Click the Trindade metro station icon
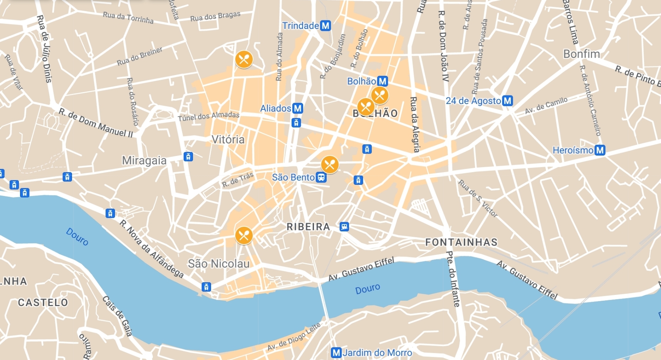326,26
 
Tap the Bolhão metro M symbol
382,81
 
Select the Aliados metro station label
275,109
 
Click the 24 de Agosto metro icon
508,101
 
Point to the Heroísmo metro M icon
600,150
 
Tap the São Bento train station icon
321,177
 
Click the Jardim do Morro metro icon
336,352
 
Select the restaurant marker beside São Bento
330,165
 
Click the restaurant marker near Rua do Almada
244,59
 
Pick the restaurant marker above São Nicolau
244,235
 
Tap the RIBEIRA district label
308,227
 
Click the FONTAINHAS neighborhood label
461,242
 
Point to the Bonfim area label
581,54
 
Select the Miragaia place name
144,161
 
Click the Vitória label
228,139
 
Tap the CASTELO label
43,303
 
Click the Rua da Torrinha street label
128,17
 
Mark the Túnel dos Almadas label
208,116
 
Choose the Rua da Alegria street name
414,124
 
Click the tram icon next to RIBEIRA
344,227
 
